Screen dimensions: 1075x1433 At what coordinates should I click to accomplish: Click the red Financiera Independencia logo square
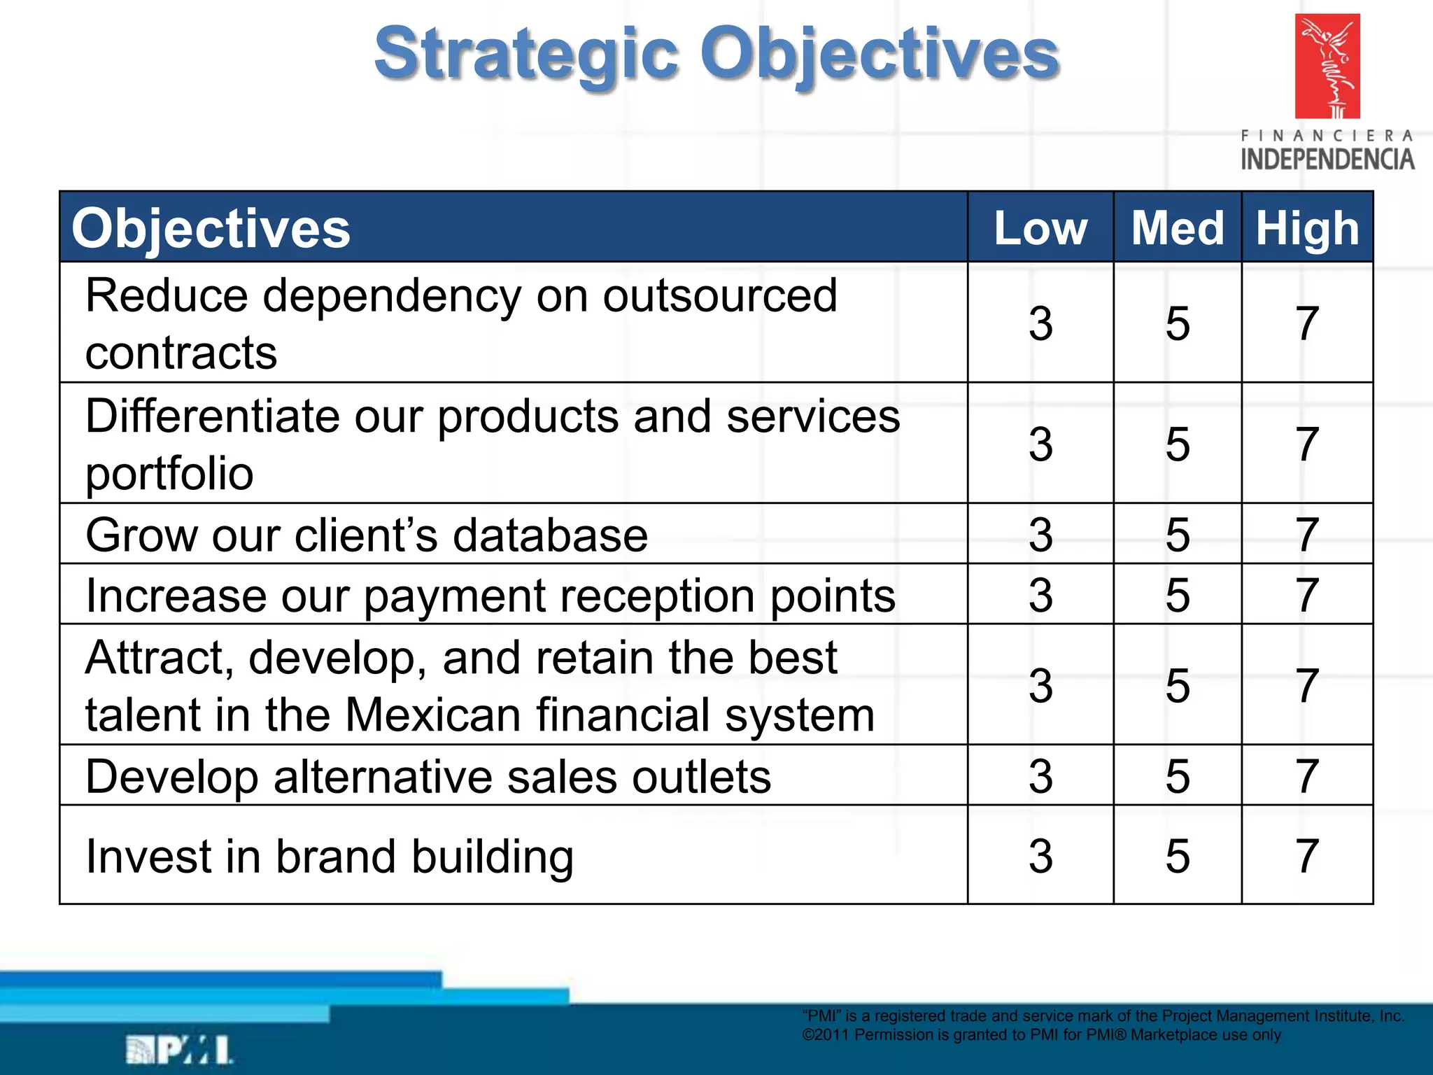[1327, 66]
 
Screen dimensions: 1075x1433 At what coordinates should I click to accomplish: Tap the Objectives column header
[211, 228]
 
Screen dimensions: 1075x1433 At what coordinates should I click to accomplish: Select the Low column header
[1040, 228]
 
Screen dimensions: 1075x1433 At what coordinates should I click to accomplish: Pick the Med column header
[1178, 228]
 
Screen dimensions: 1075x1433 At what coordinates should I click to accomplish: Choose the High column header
[1307, 228]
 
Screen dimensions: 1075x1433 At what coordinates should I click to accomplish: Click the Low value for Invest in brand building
[1040, 855]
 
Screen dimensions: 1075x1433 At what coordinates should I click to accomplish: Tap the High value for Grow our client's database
[1307, 535]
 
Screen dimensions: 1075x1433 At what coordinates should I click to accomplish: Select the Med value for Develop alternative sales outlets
[1178, 776]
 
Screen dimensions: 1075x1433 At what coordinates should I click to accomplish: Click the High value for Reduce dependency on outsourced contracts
[1307, 323]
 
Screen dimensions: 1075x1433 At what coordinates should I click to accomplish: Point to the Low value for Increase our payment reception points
[1040, 595]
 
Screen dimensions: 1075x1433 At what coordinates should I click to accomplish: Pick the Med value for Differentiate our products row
[1178, 444]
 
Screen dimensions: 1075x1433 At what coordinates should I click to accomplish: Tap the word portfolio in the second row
[169, 475]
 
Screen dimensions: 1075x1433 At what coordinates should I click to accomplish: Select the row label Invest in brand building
[330, 856]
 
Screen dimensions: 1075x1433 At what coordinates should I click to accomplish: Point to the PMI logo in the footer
[179, 1050]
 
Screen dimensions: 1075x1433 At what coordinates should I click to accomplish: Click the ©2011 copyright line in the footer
[1041, 1034]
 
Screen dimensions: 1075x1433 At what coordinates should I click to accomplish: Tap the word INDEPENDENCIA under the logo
[1327, 160]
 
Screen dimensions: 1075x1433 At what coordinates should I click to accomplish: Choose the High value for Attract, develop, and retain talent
[1307, 685]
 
